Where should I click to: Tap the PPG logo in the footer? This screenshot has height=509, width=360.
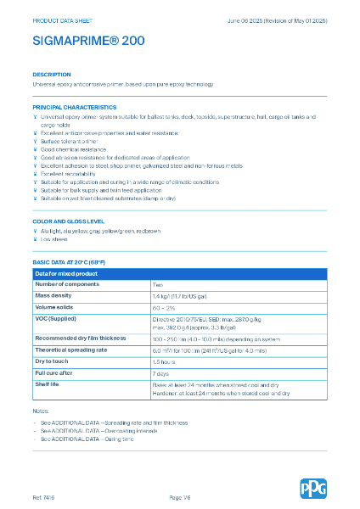pos(312,489)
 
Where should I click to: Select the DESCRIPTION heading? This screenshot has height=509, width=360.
pos(52,75)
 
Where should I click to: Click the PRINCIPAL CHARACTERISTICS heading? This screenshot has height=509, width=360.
pos(74,107)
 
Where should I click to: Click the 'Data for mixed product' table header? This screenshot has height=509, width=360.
pos(68,273)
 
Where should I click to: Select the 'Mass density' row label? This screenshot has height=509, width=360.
pos(53,295)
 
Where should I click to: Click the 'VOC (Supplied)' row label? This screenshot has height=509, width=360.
pos(57,317)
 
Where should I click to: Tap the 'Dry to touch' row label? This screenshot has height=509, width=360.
pos(53,361)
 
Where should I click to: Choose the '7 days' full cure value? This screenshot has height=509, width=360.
pos(161,372)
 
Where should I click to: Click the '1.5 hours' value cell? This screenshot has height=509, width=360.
pos(164,361)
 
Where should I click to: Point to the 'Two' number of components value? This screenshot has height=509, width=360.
pos(158,284)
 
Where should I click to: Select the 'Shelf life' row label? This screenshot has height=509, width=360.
pos(49,383)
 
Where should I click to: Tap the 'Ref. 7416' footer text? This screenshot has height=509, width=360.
pos(44,495)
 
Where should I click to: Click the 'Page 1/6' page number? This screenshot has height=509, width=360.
pos(181,495)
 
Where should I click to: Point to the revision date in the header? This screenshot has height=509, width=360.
pos(276,18)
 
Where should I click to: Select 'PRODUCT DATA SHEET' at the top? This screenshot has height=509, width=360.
pos(61,18)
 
